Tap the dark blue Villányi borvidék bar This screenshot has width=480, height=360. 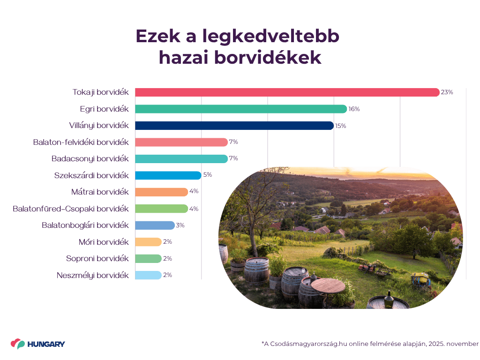[x=234, y=126]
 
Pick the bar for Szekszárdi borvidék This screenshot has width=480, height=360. [x=168, y=175]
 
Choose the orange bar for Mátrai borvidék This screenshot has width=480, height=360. [x=161, y=192]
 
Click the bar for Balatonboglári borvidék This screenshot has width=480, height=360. [x=155, y=225]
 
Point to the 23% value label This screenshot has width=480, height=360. [x=447, y=92]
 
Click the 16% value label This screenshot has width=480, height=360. [x=354, y=109]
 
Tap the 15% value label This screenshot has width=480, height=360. [x=340, y=126]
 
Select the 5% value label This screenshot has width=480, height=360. [x=208, y=175]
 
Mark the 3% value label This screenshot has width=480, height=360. [x=180, y=225]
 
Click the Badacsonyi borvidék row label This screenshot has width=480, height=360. [x=90, y=159]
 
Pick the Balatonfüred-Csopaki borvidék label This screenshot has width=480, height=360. [x=71, y=209]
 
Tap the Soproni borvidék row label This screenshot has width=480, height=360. [x=97, y=258]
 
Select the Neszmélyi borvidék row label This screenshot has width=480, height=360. [x=92, y=275]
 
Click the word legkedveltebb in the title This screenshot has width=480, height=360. [x=272, y=37]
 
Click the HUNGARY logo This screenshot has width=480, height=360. [x=38, y=344]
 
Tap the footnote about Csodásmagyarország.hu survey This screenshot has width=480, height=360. [x=370, y=344]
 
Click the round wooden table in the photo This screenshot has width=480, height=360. [x=328, y=285]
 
